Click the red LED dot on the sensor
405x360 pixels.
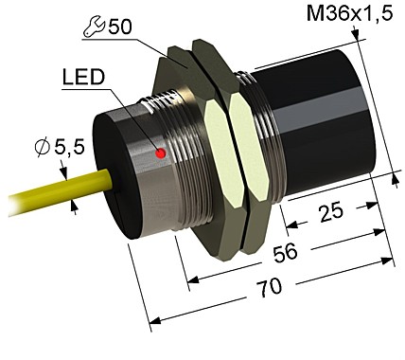tap(161, 152)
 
